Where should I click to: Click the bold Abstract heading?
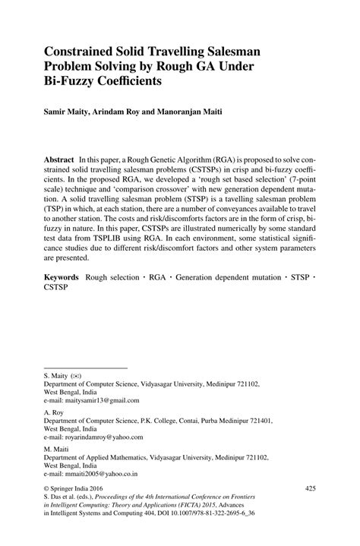point(61,162)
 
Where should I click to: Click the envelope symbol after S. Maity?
point(77,376)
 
